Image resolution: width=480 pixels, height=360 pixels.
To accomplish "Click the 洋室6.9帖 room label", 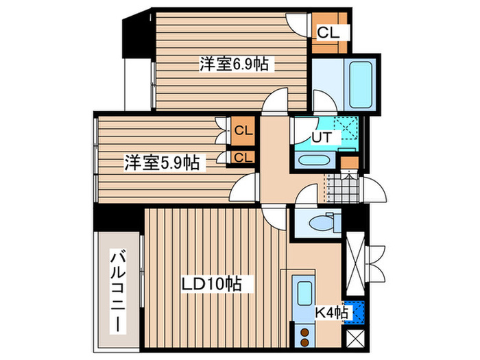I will coord(234,64).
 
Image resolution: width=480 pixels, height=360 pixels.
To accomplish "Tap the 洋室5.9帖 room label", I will coord(162,163).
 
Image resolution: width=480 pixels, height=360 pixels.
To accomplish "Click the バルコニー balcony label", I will coord(117,291).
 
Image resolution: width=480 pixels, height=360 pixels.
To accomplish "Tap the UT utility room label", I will coord(322,136).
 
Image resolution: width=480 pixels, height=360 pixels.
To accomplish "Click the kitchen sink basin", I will coord(302,293).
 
